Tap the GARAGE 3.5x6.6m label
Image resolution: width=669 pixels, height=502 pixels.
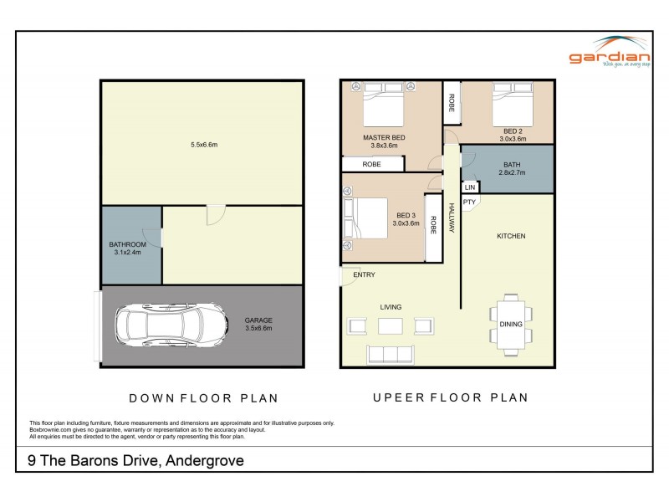pyautogui.click(x=258, y=324)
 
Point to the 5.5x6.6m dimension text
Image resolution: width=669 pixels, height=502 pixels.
pyautogui.click(x=203, y=145)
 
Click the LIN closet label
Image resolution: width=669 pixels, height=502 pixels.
pyautogui.click(x=469, y=188)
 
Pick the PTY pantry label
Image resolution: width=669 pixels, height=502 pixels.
pyautogui.click(x=469, y=202)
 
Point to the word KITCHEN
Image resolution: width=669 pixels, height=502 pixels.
pyautogui.click(x=511, y=236)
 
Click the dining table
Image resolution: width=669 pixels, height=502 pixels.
pyautogui.click(x=511, y=324)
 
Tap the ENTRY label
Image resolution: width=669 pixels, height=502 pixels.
pyautogui.click(x=364, y=274)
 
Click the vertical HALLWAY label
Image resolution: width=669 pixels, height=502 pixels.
pyautogui.click(x=451, y=218)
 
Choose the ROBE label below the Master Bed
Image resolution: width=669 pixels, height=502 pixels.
pyautogui.click(x=371, y=165)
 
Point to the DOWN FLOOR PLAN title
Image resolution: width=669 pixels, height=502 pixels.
pyautogui.click(x=203, y=398)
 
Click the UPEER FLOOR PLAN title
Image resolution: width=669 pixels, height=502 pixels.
pyautogui.click(x=450, y=398)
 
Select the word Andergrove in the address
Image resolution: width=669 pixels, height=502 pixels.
pyautogui.click(x=205, y=460)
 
